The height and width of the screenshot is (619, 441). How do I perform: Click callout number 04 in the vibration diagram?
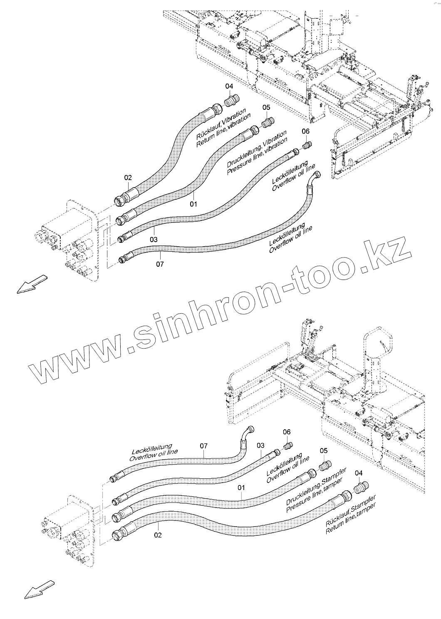tap(229, 86)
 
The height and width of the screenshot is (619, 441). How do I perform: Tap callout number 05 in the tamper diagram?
tap(324, 451)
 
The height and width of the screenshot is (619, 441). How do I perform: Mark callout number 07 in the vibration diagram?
tap(160, 264)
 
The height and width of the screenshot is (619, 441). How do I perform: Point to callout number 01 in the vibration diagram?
tap(193, 204)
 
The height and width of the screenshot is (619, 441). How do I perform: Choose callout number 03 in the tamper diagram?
tap(260, 445)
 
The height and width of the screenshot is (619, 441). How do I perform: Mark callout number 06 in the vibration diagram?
tap(305, 131)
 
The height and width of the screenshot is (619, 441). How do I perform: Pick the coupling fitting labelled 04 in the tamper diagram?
tap(358, 488)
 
